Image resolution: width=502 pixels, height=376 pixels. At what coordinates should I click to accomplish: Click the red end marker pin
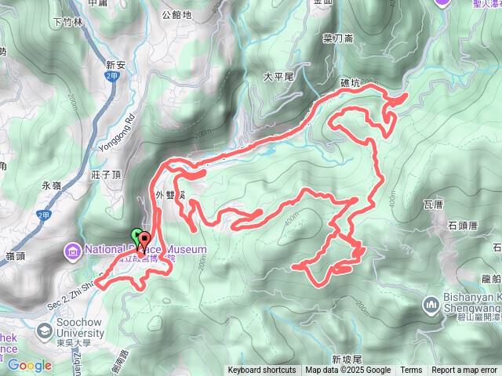[144, 240]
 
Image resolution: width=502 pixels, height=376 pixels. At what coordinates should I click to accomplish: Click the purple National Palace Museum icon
[73, 251]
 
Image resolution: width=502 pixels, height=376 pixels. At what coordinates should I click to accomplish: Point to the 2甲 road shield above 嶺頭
[42, 213]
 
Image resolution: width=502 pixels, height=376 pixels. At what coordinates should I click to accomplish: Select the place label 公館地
[175, 14]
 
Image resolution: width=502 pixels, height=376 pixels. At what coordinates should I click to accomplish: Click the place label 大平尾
[278, 77]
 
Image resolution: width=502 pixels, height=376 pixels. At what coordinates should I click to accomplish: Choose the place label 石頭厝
[464, 226]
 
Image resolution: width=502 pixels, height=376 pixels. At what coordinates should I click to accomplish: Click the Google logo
[29, 365]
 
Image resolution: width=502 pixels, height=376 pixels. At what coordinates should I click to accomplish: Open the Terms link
[411, 371]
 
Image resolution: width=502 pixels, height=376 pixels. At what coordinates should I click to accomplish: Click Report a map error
[464, 371]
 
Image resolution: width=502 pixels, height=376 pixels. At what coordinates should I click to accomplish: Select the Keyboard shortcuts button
[262, 371]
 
